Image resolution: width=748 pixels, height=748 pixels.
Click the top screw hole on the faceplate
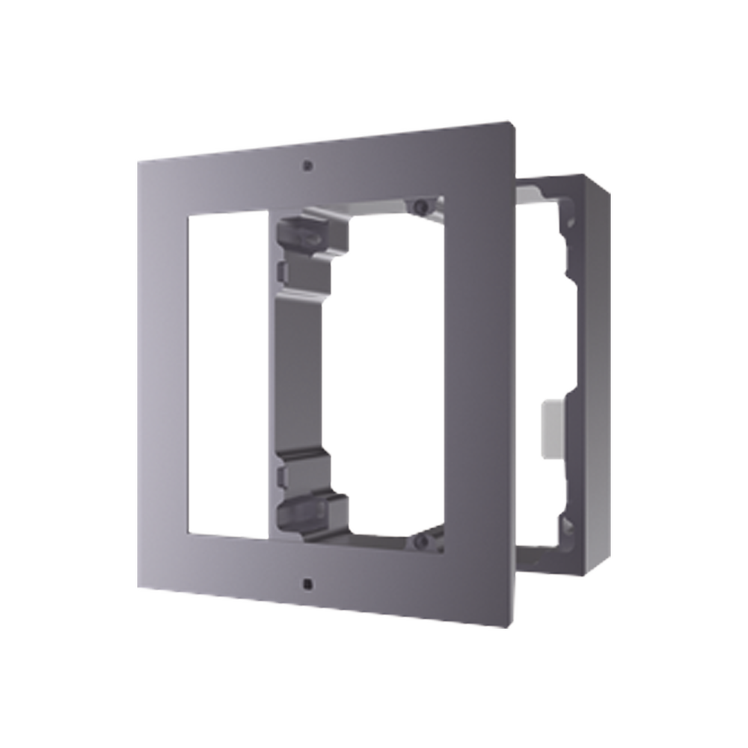[x=307, y=165]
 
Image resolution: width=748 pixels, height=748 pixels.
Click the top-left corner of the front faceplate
[x=136, y=157]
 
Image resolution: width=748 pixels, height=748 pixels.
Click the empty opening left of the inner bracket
[x=228, y=374]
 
